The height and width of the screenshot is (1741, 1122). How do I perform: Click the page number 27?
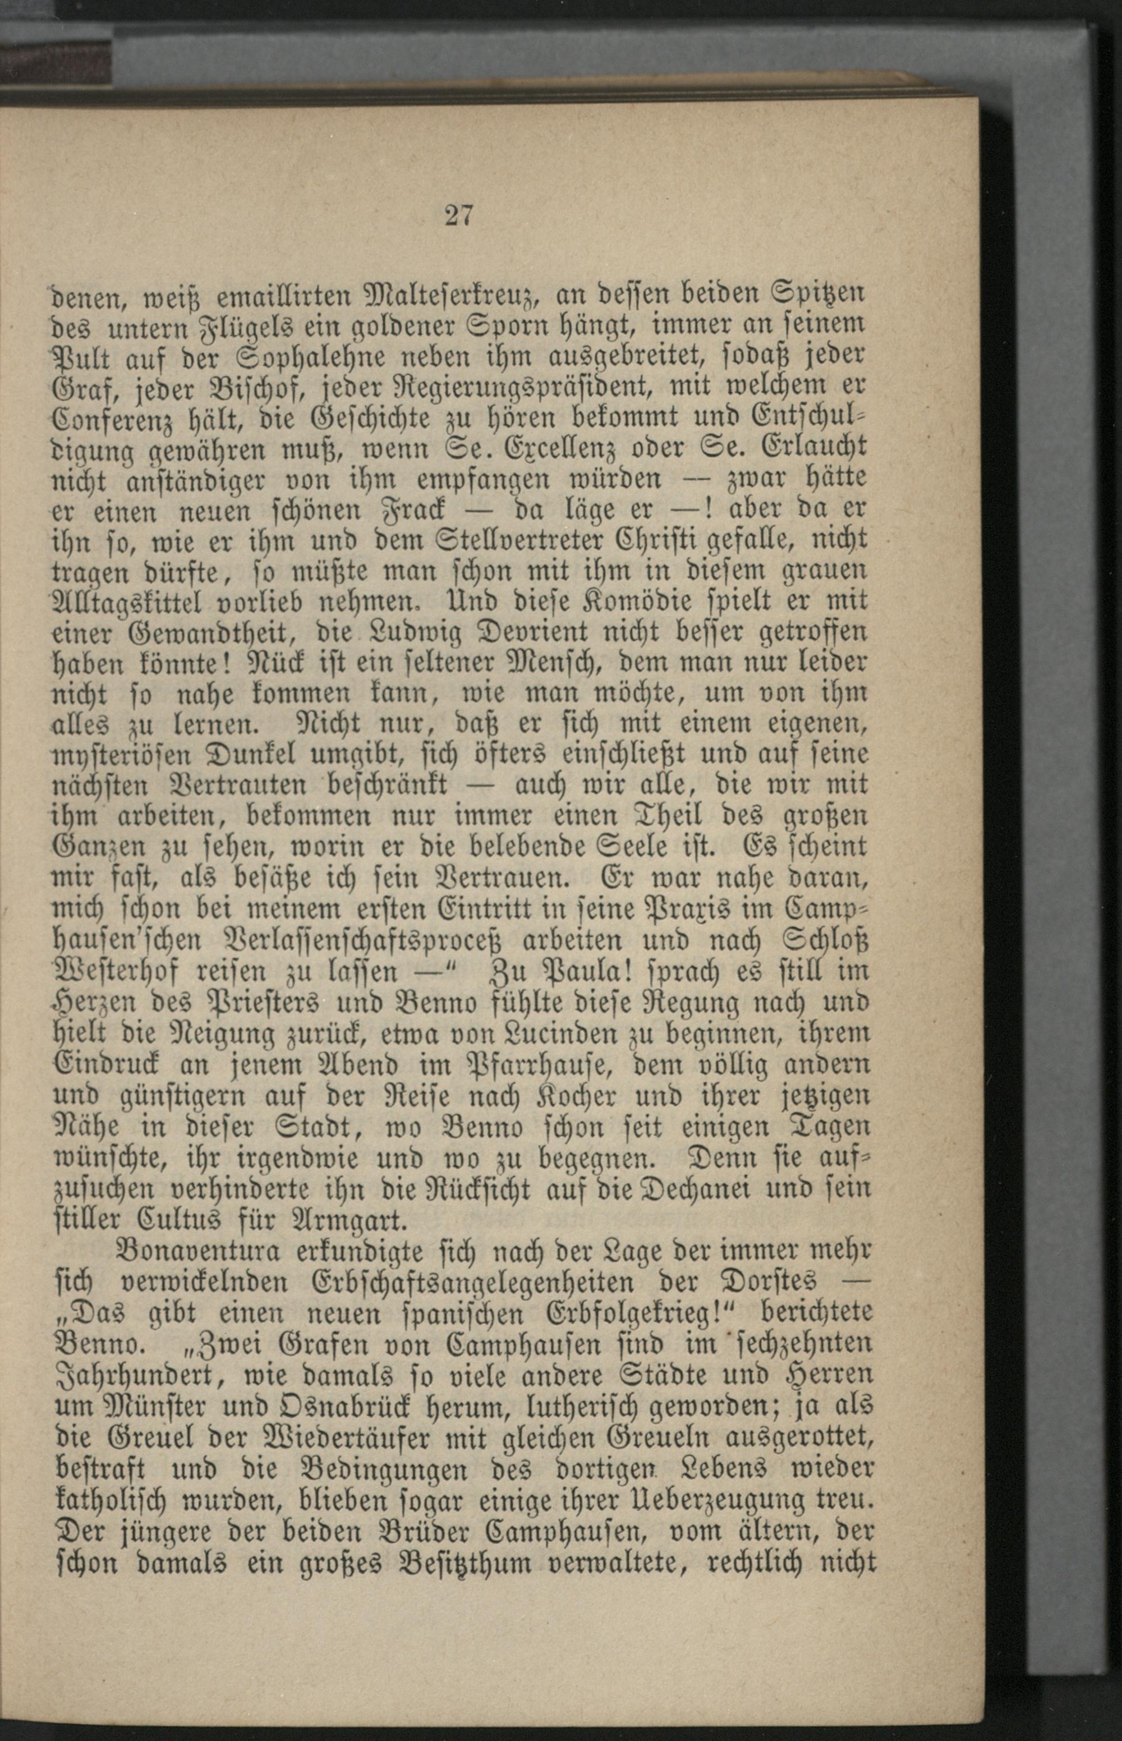tap(458, 217)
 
